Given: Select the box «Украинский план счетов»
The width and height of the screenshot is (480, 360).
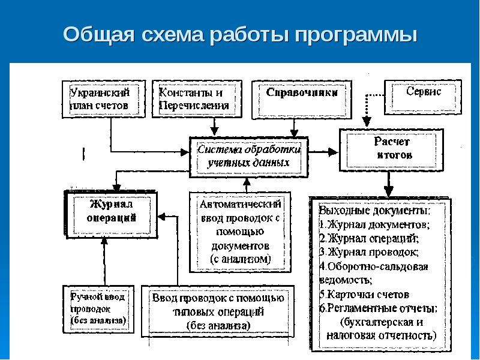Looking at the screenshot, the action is [x=104, y=99].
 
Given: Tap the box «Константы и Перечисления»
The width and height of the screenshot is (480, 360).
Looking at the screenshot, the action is [x=197, y=99].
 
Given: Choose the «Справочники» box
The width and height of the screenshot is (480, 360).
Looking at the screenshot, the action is [x=302, y=100].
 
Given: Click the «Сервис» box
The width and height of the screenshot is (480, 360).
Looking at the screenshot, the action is [x=423, y=97].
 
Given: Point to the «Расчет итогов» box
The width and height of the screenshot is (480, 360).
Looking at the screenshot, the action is [x=392, y=149].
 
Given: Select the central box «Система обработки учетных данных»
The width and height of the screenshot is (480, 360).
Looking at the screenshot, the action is [x=248, y=157].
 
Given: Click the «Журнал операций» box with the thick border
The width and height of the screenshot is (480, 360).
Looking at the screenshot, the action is [x=111, y=214].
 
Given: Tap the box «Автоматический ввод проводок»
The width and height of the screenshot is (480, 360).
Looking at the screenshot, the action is [x=240, y=232].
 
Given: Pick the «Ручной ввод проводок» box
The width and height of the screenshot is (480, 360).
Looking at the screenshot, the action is [x=98, y=309].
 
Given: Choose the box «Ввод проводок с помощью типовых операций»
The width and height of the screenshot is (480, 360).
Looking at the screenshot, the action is [x=218, y=311].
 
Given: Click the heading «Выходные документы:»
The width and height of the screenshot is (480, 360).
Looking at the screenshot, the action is [x=374, y=211].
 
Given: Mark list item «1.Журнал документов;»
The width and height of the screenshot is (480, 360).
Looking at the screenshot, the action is [x=374, y=224].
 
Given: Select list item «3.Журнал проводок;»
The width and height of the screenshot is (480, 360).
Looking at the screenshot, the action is [x=369, y=252].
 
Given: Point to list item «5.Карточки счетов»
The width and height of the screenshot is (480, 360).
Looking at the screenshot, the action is [x=364, y=294].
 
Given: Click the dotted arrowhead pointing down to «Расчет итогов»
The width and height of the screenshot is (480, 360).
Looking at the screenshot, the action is [x=367, y=122].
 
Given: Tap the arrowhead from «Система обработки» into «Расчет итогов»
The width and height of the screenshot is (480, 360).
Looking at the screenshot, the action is [x=333, y=152].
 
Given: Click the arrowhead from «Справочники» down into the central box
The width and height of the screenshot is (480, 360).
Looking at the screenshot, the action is [x=294, y=133].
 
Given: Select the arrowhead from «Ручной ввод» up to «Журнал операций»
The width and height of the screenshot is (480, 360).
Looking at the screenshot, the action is [x=104, y=241].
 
